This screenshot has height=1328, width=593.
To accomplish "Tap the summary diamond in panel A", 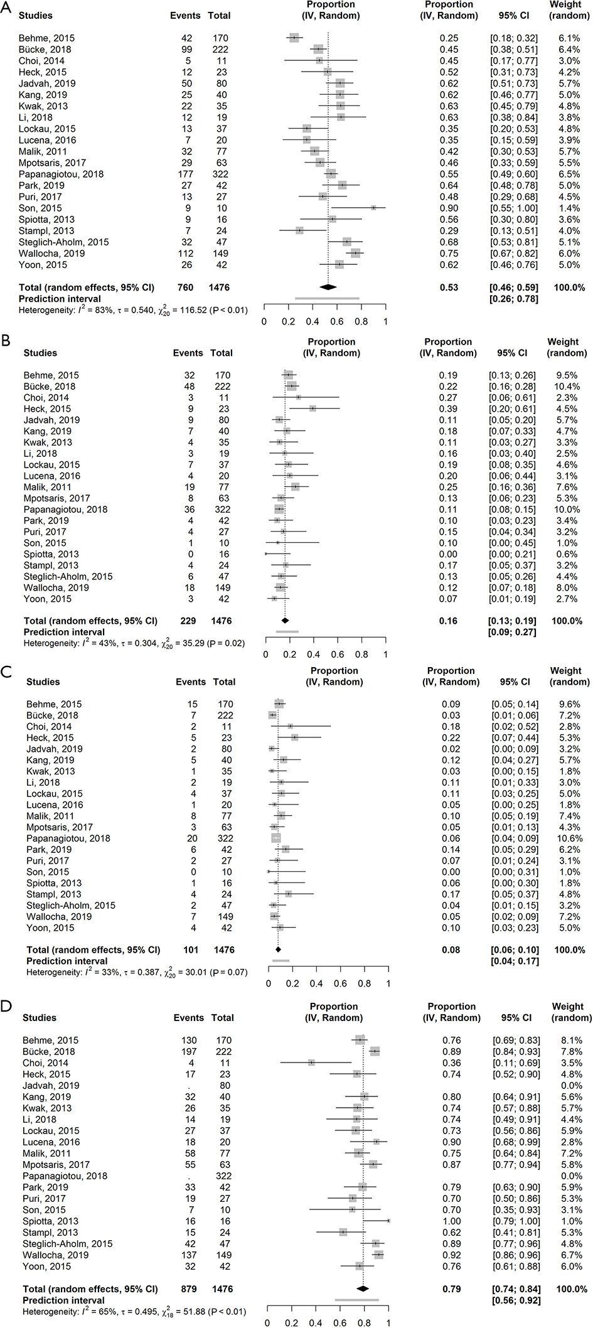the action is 328,287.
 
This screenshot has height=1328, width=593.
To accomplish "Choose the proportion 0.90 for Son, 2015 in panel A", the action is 449,208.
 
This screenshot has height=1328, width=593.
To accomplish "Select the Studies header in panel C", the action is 43,682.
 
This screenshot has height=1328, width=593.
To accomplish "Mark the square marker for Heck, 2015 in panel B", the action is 313,409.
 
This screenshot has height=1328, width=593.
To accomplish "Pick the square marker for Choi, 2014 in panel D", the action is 311,1063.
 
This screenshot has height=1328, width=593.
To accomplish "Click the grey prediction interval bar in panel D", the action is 357,1300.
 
